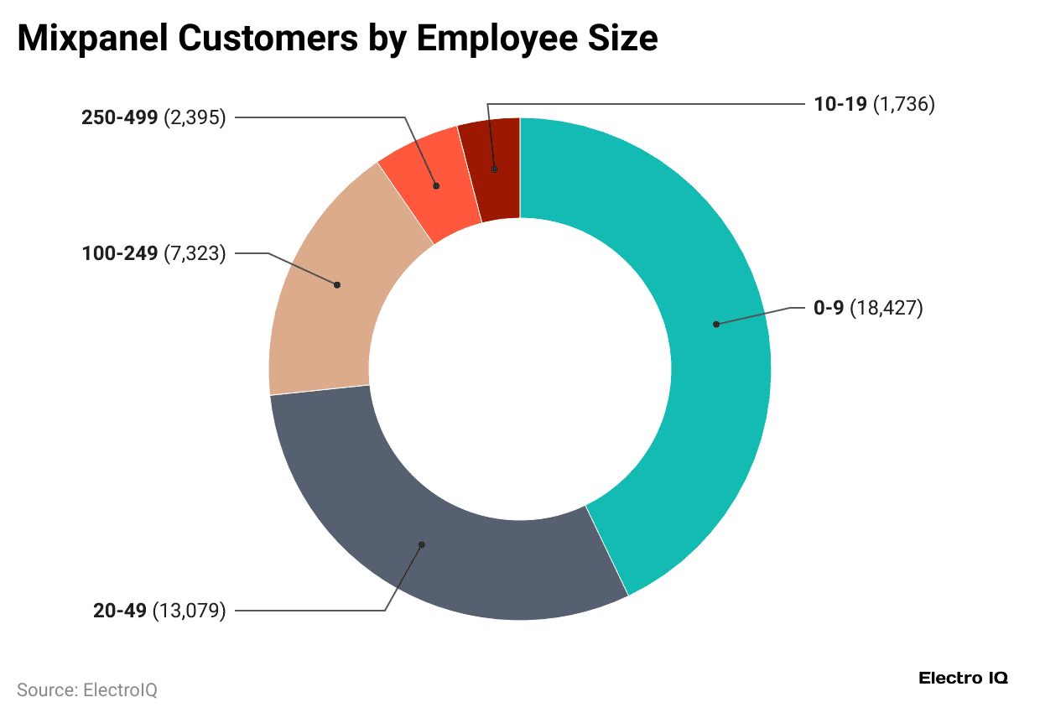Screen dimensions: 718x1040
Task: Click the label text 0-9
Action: pyautogui.click(x=829, y=309)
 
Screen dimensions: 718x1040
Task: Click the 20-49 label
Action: pyautogui.click(x=120, y=611)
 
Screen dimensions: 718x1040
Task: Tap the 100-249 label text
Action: pyautogui.click(x=119, y=252)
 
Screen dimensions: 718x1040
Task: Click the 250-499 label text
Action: pyautogui.click(x=119, y=117)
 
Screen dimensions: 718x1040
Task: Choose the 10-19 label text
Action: pyautogui.click(x=841, y=104)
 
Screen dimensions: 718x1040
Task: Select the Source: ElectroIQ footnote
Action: pyautogui.click(x=87, y=690)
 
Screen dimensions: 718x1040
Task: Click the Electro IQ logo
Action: pyautogui.click(x=964, y=678)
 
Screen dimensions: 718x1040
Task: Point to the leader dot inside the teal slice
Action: pyautogui.click(x=715, y=324)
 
